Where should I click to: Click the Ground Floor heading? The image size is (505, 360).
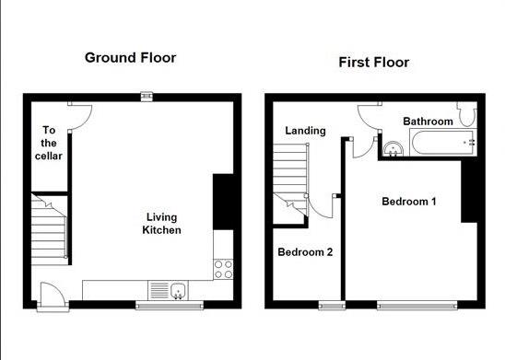131,58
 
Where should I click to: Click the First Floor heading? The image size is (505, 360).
374,63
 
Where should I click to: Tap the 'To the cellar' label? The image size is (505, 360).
49,143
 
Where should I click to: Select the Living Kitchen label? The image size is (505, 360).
161,224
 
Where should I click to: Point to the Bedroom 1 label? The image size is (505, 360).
409,202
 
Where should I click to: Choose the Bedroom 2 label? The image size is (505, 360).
305,252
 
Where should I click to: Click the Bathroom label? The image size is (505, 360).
428,122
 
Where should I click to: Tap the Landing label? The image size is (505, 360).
305,131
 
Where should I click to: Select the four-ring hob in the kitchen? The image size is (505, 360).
223,269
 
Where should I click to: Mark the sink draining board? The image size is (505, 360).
159,290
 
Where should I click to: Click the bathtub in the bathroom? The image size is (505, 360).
443,142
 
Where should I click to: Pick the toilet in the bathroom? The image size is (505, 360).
466,114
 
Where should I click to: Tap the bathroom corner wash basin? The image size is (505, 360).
393,149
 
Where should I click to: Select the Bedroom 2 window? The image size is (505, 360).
332,306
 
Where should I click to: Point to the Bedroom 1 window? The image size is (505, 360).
417,306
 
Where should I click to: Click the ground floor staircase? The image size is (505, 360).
49,229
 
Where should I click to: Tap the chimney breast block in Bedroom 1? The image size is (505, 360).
469,192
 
